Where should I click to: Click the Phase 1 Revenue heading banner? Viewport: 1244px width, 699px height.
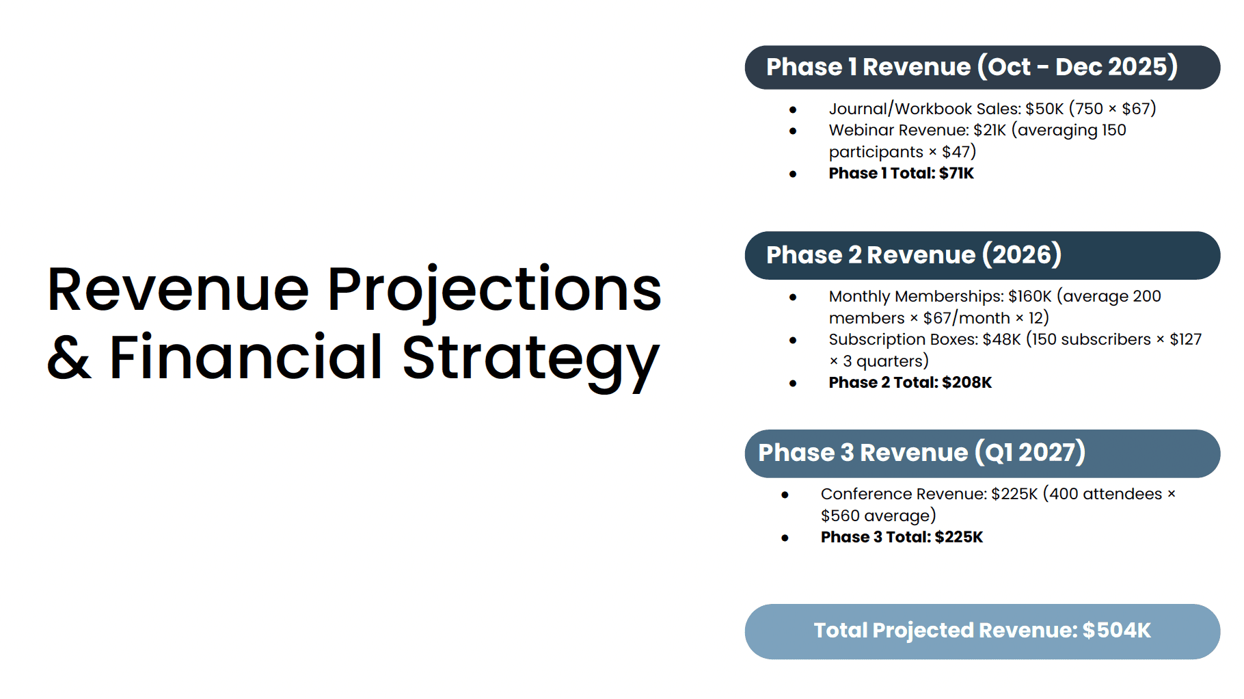tap(982, 67)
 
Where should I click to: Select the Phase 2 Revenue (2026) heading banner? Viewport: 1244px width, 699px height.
tap(982, 255)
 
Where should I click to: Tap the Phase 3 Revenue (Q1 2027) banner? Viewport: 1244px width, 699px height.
tap(982, 453)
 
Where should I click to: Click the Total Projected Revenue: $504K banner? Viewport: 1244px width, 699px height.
tap(982, 631)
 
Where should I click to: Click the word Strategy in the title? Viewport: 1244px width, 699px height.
tap(531, 360)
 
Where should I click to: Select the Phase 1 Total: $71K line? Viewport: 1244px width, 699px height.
tap(901, 173)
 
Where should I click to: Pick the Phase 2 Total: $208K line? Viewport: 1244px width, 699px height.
tap(910, 382)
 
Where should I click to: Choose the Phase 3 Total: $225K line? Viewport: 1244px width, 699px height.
tap(902, 537)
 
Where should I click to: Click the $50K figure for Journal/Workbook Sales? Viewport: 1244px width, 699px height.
tap(1044, 109)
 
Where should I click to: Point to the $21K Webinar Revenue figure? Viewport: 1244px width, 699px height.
tap(990, 130)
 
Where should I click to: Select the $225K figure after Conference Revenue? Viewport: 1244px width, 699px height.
tap(1014, 494)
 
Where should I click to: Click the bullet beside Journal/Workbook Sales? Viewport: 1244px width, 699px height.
tap(793, 109)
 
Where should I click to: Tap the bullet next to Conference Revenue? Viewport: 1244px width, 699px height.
tap(785, 494)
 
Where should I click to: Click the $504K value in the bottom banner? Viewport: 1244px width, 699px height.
tap(1117, 631)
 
